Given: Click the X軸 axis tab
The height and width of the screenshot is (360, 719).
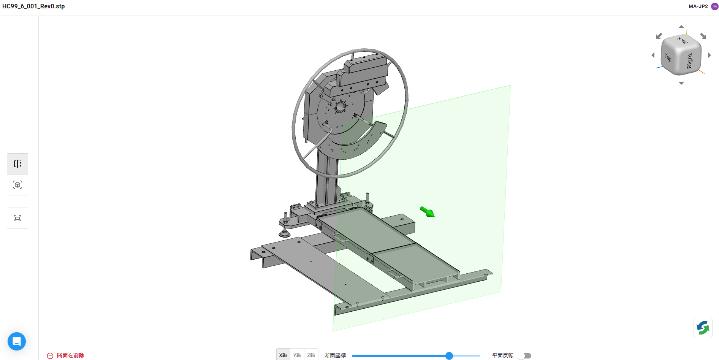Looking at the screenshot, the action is pyautogui.click(x=283, y=355).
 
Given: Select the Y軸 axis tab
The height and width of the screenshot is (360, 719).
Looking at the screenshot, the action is pyautogui.click(x=297, y=355).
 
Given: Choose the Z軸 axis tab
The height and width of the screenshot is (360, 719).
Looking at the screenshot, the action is pyautogui.click(x=311, y=355).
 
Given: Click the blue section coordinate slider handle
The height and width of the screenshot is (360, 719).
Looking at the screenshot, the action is pyautogui.click(x=449, y=356).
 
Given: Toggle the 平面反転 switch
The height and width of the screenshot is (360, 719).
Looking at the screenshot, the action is pyautogui.click(x=524, y=356).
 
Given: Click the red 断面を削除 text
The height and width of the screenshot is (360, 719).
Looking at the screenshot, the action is pyautogui.click(x=71, y=355).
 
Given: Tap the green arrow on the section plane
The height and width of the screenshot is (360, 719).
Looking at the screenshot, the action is pyautogui.click(x=428, y=212).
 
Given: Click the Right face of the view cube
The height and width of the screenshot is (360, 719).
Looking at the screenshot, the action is pyautogui.click(x=690, y=60).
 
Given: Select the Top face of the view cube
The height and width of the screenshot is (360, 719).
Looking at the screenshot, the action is pyautogui.click(x=668, y=57).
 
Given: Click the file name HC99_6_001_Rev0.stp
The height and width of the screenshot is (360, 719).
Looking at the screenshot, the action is pyautogui.click(x=33, y=6).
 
